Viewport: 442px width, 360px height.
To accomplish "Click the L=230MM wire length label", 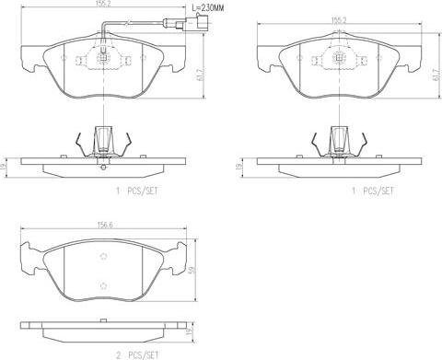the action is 208,8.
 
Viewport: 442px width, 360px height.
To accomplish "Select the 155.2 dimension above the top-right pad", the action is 339,20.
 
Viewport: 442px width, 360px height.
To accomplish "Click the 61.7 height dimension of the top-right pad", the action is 435,75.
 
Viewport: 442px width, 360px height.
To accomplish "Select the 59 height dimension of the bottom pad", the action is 192,270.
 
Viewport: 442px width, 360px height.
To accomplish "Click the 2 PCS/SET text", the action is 137,355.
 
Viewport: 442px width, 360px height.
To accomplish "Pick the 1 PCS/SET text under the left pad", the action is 137,191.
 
